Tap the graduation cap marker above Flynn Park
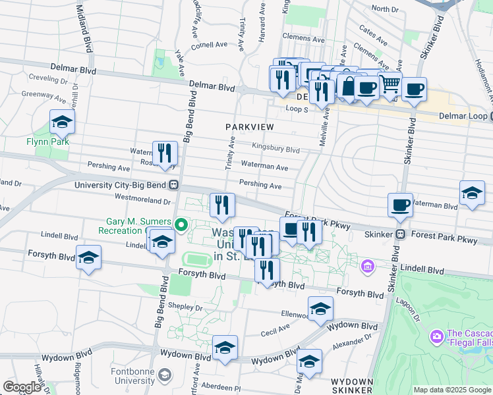(62, 122)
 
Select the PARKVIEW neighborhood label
(249, 125)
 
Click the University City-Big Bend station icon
(175, 185)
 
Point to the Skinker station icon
(400, 234)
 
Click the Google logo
(22, 387)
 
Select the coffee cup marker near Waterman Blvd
(400, 205)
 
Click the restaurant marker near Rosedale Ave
(165, 154)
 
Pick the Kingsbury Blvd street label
(275, 149)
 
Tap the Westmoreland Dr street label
(142, 196)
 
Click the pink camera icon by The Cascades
(436, 336)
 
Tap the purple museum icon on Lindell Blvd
(368, 267)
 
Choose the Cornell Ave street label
(209, 45)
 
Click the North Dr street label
(385, 9)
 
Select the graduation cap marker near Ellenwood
(320, 309)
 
